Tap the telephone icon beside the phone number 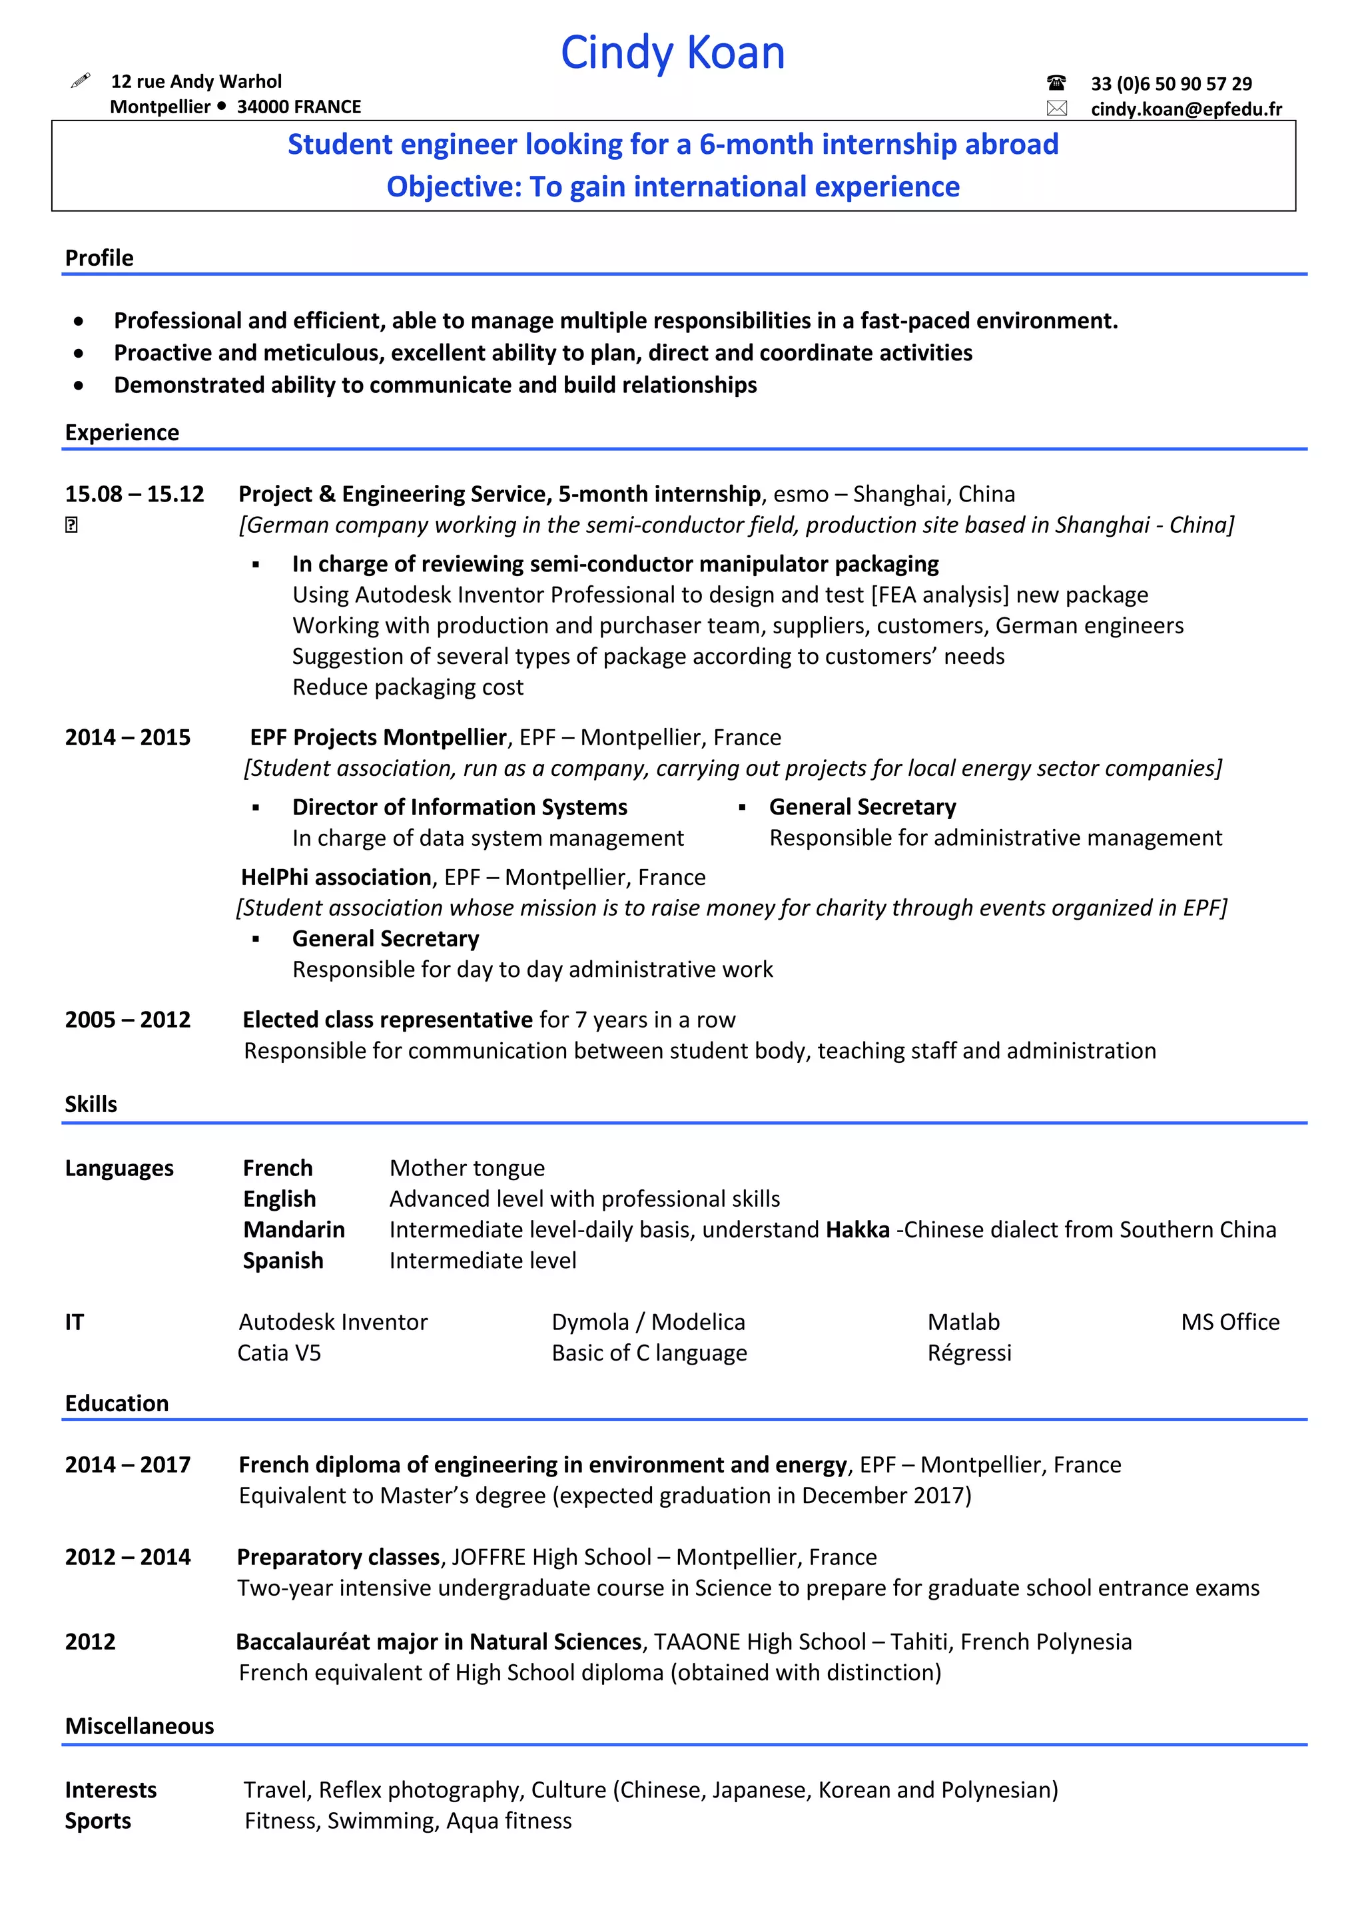click(x=1056, y=83)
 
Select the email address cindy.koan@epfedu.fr click(x=1186, y=109)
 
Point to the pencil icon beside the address click(x=81, y=81)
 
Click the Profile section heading click(x=99, y=258)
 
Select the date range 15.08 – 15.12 click(x=135, y=493)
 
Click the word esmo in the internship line click(x=801, y=493)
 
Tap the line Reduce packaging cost click(x=408, y=687)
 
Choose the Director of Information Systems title click(x=460, y=807)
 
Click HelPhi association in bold click(x=336, y=876)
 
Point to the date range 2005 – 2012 click(x=128, y=1020)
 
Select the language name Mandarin click(x=294, y=1229)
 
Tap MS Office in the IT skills click(x=1229, y=1322)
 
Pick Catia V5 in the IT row click(x=279, y=1353)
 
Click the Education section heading click(x=117, y=1403)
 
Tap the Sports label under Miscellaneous click(x=99, y=1821)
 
